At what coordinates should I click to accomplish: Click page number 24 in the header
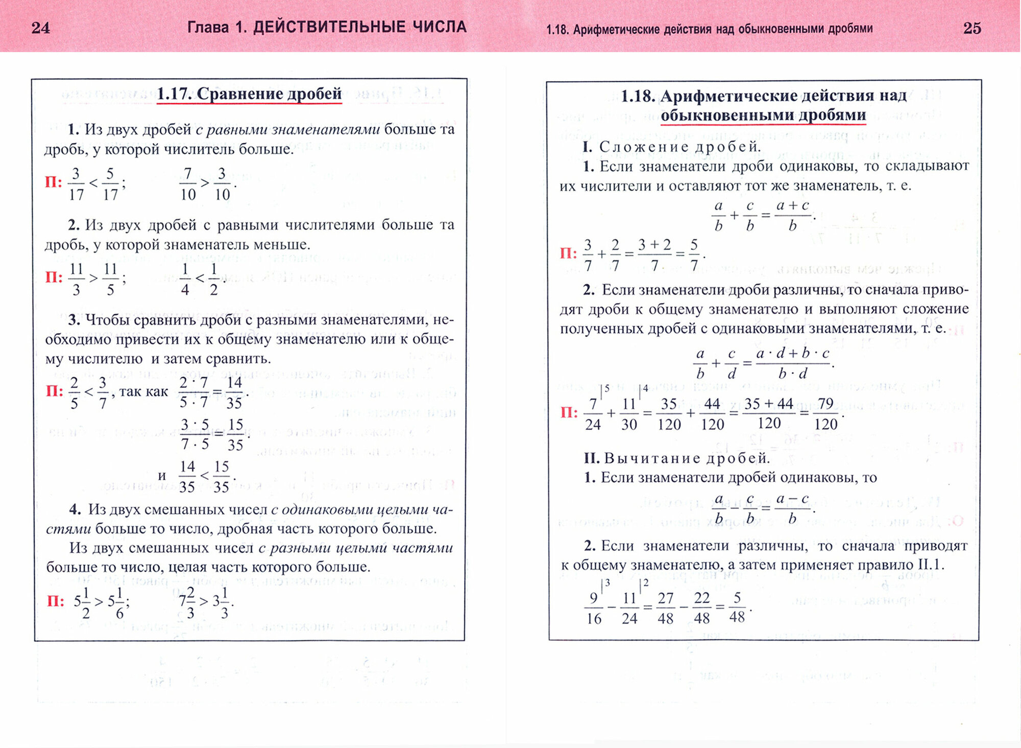point(41,27)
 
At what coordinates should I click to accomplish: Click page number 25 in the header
point(972,28)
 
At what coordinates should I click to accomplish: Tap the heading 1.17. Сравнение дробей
point(249,94)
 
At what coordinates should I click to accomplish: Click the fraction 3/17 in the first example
point(76,184)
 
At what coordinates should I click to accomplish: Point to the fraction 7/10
point(188,184)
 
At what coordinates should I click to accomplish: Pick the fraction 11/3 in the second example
point(76,279)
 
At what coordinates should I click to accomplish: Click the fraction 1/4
point(185,279)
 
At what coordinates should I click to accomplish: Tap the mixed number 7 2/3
point(187,602)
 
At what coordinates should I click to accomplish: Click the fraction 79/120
point(825,414)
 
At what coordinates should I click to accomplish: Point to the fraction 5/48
point(737,607)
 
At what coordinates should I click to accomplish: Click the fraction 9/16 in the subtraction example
point(594,608)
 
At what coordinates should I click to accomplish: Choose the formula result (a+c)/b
point(792,216)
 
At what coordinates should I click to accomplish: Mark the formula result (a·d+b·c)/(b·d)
point(792,364)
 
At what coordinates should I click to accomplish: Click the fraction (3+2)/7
point(654,254)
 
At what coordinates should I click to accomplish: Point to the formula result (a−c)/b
point(792,508)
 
